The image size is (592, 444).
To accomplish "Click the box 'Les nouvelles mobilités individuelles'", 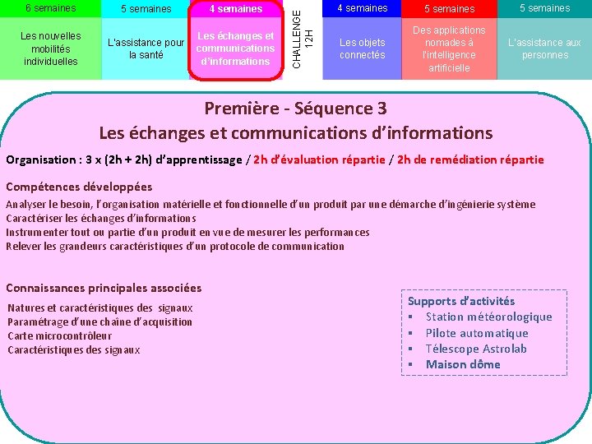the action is [50, 49].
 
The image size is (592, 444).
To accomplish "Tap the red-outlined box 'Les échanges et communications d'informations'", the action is [235, 49].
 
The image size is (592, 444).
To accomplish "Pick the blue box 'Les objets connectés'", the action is [362, 49].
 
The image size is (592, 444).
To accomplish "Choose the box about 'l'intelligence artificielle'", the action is [449, 49].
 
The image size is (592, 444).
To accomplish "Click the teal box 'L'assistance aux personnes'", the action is [544, 49].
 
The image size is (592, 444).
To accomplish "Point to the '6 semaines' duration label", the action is [49, 8].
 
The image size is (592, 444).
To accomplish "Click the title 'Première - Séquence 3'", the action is [296, 109].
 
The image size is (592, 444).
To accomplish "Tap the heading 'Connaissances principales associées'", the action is [104, 288].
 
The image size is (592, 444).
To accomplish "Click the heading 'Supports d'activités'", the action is [461, 301].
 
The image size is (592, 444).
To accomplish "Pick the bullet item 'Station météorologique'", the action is [488, 317].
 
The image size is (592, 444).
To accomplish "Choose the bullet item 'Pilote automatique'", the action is [477, 333].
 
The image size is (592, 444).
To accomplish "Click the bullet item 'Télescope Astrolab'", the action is [476, 349].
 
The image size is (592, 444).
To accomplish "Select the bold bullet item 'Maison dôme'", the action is [463, 364].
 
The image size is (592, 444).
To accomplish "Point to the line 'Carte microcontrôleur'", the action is [59, 335].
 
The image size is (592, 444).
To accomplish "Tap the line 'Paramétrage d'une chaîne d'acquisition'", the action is [99, 321].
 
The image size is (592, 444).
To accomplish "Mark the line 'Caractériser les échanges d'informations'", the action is [100, 218].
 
